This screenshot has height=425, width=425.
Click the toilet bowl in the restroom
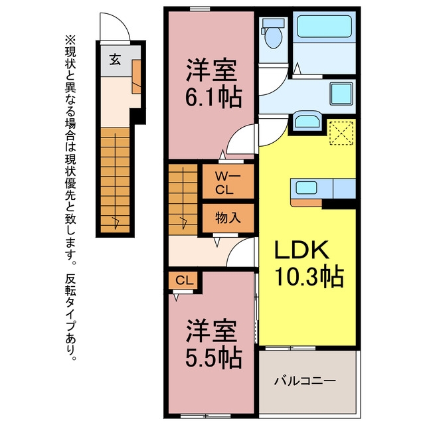pyautogui.click(x=273, y=39)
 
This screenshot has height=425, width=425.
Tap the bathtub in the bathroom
pyautogui.click(x=324, y=27)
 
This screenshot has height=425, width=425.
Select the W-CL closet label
pyautogui.click(x=228, y=183)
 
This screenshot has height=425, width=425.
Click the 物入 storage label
pyautogui.click(x=228, y=218)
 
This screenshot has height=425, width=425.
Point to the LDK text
pyautogui.click(x=302, y=250)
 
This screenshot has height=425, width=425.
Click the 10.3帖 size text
pyautogui.click(x=309, y=277)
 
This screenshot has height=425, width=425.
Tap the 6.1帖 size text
pyautogui.click(x=214, y=97)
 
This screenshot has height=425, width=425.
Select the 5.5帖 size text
pyautogui.click(x=214, y=358)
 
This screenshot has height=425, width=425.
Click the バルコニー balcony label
pyautogui.click(x=305, y=381)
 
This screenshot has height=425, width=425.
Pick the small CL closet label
pyautogui.click(x=185, y=280)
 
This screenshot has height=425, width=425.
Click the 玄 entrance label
pyautogui.click(x=115, y=60)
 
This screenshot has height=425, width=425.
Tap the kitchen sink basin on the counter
pyautogui.click(x=306, y=187)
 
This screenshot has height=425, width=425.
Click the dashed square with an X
pyautogui.click(x=341, y=133)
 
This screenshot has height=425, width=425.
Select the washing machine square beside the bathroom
pyautogui.click(x=341, y=94)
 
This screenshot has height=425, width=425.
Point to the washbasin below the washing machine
pyautogui.click(x=307, y=121)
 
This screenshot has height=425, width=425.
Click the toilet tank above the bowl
pyautogui.click(x=273, y=23)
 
